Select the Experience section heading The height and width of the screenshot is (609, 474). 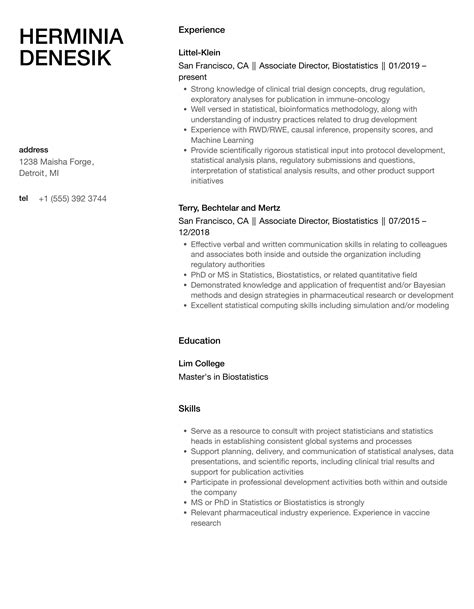202,30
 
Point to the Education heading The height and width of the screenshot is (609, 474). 200,340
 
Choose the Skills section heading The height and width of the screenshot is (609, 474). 189,409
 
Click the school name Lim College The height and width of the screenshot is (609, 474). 201,363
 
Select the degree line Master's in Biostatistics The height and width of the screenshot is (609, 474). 224,377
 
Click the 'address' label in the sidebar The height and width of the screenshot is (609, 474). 34,150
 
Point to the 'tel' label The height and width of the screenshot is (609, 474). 24,198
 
